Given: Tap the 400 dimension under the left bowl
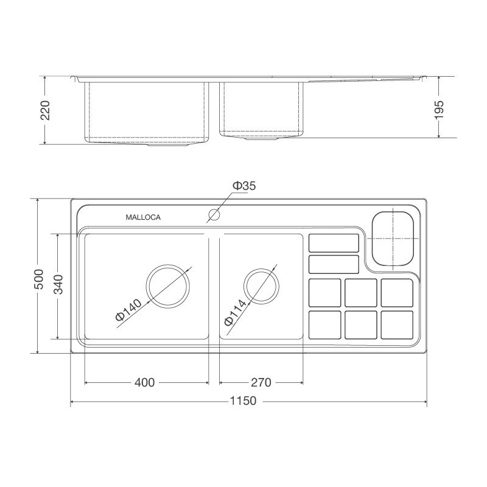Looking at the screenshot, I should [x=144, y=382].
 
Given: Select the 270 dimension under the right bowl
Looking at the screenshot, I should [x=260, y=382].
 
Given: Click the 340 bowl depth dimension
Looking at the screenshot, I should [x=58, y=285].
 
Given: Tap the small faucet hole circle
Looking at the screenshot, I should [x=214, y=214].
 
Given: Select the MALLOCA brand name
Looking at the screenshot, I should [x=143, y=217].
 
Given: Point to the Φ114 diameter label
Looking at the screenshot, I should [x=234, y=312].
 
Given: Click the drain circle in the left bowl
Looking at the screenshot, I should [x=169, y=286].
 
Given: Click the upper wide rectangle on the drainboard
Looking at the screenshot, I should [x=334, y=243].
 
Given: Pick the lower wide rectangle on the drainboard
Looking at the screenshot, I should [x=334, y=264].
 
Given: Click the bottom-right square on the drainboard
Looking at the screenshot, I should [x=397, y=324].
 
